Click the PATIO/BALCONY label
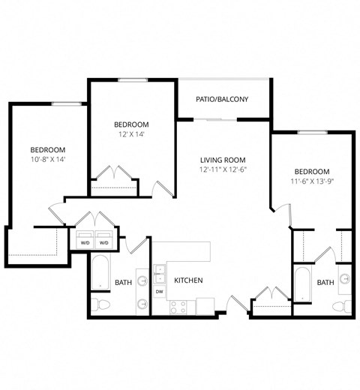click(x=223, y=100)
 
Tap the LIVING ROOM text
click(x=223, y=160)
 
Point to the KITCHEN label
click(x=188, y=280)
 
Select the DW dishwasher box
click(x=160, y=291)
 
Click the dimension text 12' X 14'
click(x=131, y=135)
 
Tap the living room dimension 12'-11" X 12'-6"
click(x=223, y=170)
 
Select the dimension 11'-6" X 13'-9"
click(x=311, y=181)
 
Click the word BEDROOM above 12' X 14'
click(x=131, y=124)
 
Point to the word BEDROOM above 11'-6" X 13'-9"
click(x=311, y=171)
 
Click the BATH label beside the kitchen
click(x=124, y=283)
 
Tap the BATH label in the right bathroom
click(x=325, y=283)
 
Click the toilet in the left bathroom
click(x=102, y=304)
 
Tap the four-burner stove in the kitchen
click(x=178, y=305)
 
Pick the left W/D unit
click(x=84, y=242)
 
